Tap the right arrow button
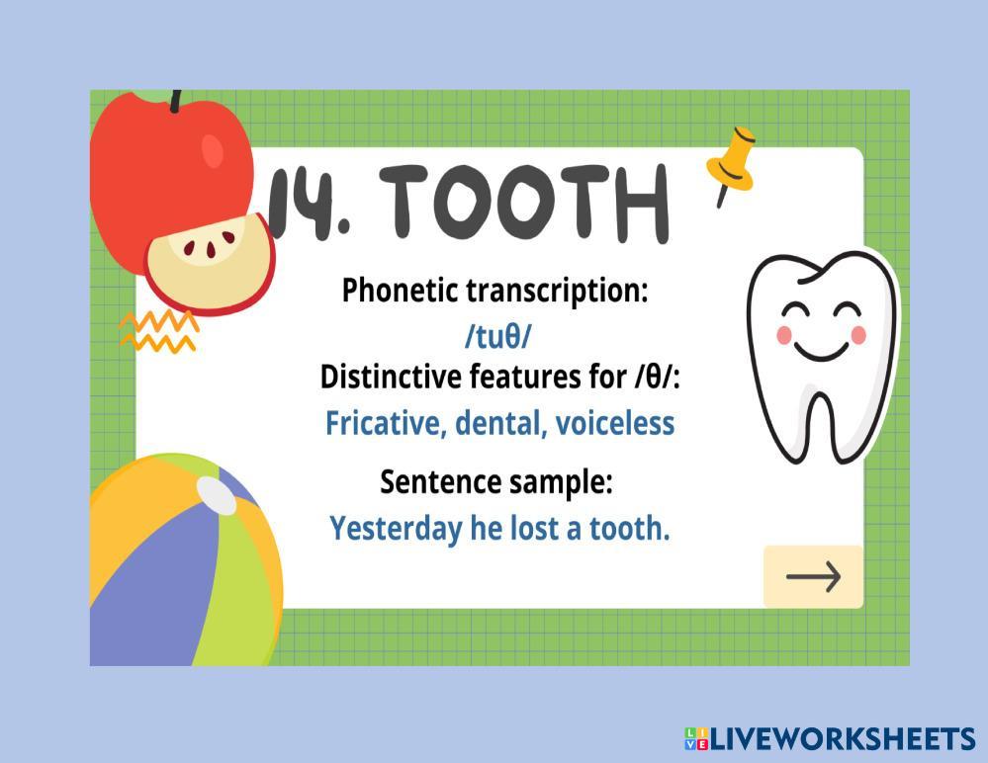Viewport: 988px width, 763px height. click(x=814, y=576)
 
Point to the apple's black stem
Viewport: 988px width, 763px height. click(x=176, y=101)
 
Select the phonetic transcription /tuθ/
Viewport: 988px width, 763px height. click(x=497, y=337)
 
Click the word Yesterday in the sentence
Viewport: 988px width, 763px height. click(x=396, y=529)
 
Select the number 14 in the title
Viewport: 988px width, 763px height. click(x=302, y=202)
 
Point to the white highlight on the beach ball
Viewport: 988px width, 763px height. click(x=217, y=493)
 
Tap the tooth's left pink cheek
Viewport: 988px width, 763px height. click(x=784, y=335)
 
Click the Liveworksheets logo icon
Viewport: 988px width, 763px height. click(x=696, y=738)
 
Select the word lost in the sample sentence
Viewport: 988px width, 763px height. click(x=534, y=528)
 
